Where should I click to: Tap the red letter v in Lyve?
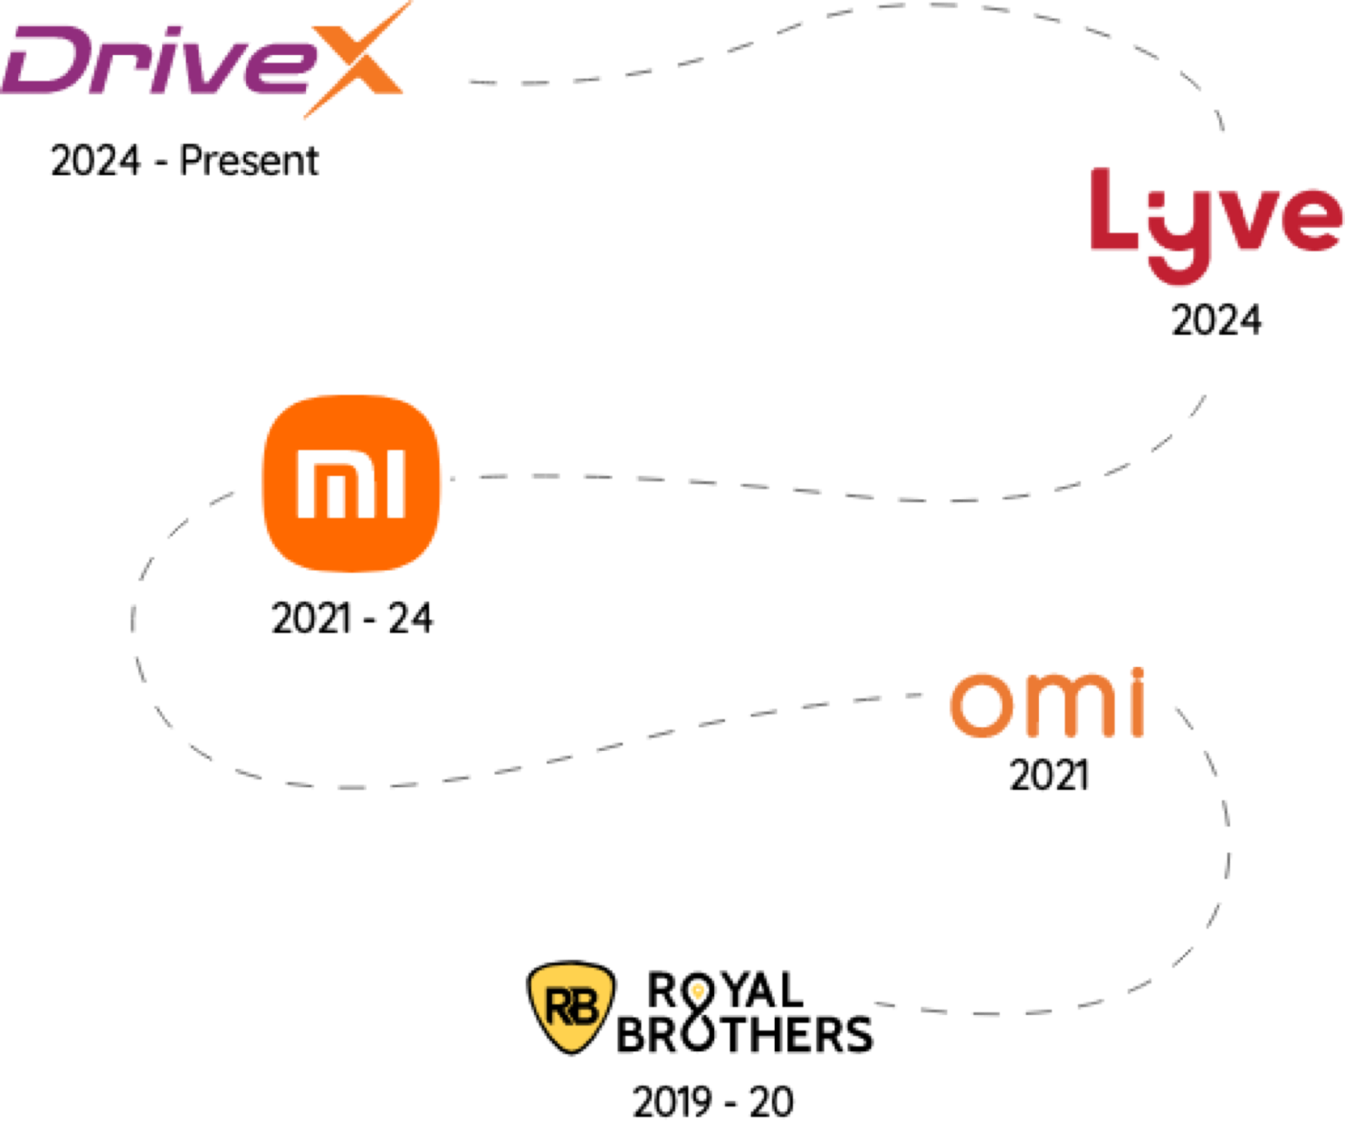pyautogui.click(x=1244, y=218)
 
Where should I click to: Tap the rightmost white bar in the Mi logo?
pyautogui.click(x=397, y=484)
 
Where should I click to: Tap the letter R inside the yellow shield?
pyautogui.click(x=558, y=1008)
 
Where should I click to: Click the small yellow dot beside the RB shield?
pyautogui.click(x=698, y=991)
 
